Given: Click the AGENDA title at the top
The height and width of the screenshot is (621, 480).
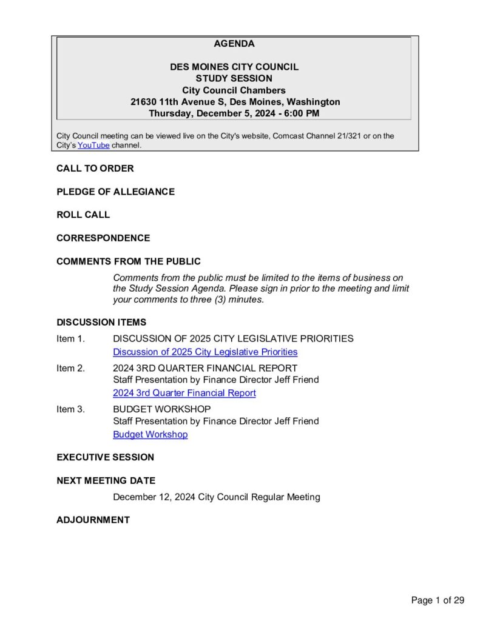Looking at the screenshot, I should point(234,44).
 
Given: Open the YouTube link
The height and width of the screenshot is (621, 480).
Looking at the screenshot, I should point(93,146).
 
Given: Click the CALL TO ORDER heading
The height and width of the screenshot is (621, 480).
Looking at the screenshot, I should point(95,169).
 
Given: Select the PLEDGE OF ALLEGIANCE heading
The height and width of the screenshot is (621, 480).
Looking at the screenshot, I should point(115,192).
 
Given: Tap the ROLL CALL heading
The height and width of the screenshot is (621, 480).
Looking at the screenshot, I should point(83,215).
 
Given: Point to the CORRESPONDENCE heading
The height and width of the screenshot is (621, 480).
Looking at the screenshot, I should point(103,238).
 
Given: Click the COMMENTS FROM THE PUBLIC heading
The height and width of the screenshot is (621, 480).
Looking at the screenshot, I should point(128,261).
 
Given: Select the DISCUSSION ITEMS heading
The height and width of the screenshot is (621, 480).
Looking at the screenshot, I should point(101,323).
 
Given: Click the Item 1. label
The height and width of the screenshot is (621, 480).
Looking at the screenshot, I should point(70,338).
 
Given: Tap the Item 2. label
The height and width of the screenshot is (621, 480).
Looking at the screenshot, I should point(70,368).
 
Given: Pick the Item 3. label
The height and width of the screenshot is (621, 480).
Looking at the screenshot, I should point(70,409).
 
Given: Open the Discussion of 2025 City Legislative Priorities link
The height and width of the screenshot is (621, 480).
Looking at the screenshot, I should point(205,352).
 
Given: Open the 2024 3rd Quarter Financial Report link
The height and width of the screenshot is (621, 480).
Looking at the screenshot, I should point(184,393).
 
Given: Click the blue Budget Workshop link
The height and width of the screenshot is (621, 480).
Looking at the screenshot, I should point(150,435).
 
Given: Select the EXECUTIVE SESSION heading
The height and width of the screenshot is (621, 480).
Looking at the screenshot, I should point(106,457).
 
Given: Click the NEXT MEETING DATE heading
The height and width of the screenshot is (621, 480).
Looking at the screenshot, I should point(106,481).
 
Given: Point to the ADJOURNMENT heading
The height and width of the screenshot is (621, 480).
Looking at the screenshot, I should point(93,520).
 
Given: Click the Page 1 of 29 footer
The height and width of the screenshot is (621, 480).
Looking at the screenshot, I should point(438,600).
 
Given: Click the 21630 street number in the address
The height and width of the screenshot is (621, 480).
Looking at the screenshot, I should point(143,102).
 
